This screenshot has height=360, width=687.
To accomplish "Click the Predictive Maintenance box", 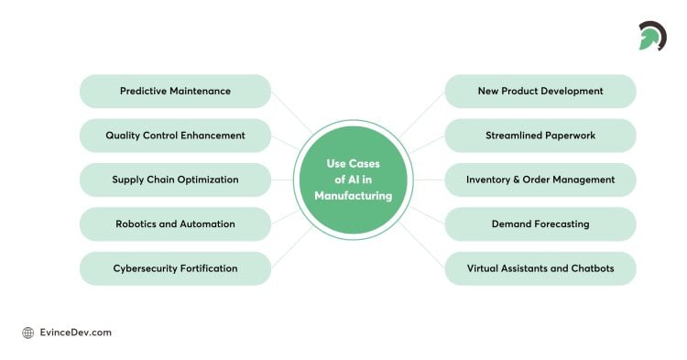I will [x=175, y=92].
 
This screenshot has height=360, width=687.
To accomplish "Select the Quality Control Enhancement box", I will [x=175, y=136].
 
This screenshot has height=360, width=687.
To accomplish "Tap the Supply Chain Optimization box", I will [x=175, y=180].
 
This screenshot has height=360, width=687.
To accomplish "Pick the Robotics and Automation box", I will [x=175, y=224].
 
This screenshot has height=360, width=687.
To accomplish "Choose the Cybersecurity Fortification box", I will [x=175, y=268].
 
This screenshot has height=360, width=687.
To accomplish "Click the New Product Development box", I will [x=540, y=92].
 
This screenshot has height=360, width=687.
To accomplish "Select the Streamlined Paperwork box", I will [x=540, y=136].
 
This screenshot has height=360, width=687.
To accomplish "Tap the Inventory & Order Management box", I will [x=540, y=180].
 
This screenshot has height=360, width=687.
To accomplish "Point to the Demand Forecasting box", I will [x=540, y=224].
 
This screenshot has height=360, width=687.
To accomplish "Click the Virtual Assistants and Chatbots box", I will [x=540, y=268].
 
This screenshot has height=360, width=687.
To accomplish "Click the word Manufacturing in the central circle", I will [x=353, y=196].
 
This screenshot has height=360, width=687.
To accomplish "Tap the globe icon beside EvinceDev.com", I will [x=28, y=333].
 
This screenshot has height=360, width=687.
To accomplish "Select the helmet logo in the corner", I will [x=652, y=35].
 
